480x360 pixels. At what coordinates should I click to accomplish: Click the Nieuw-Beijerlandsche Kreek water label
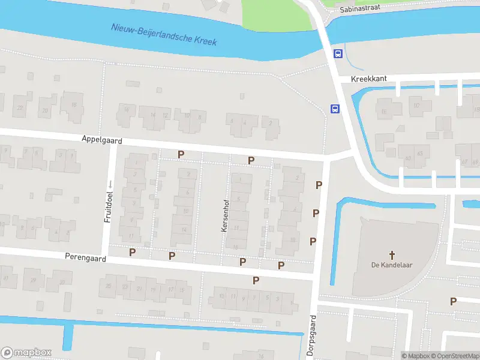164,35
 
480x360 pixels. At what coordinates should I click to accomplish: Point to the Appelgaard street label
102,139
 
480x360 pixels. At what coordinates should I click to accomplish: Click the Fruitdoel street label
109,208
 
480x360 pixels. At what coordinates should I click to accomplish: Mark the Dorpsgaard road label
311,336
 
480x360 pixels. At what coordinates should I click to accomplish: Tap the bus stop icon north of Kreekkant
338,53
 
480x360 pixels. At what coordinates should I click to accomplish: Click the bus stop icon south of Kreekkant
334,109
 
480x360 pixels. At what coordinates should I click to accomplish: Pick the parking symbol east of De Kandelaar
454,301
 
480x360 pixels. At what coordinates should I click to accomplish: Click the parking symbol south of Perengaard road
256,280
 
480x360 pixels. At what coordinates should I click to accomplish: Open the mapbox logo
26,352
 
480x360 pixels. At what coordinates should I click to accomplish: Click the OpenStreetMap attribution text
455,356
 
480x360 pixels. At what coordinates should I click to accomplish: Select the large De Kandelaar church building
396,240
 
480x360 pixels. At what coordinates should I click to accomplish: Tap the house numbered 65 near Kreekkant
419,154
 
